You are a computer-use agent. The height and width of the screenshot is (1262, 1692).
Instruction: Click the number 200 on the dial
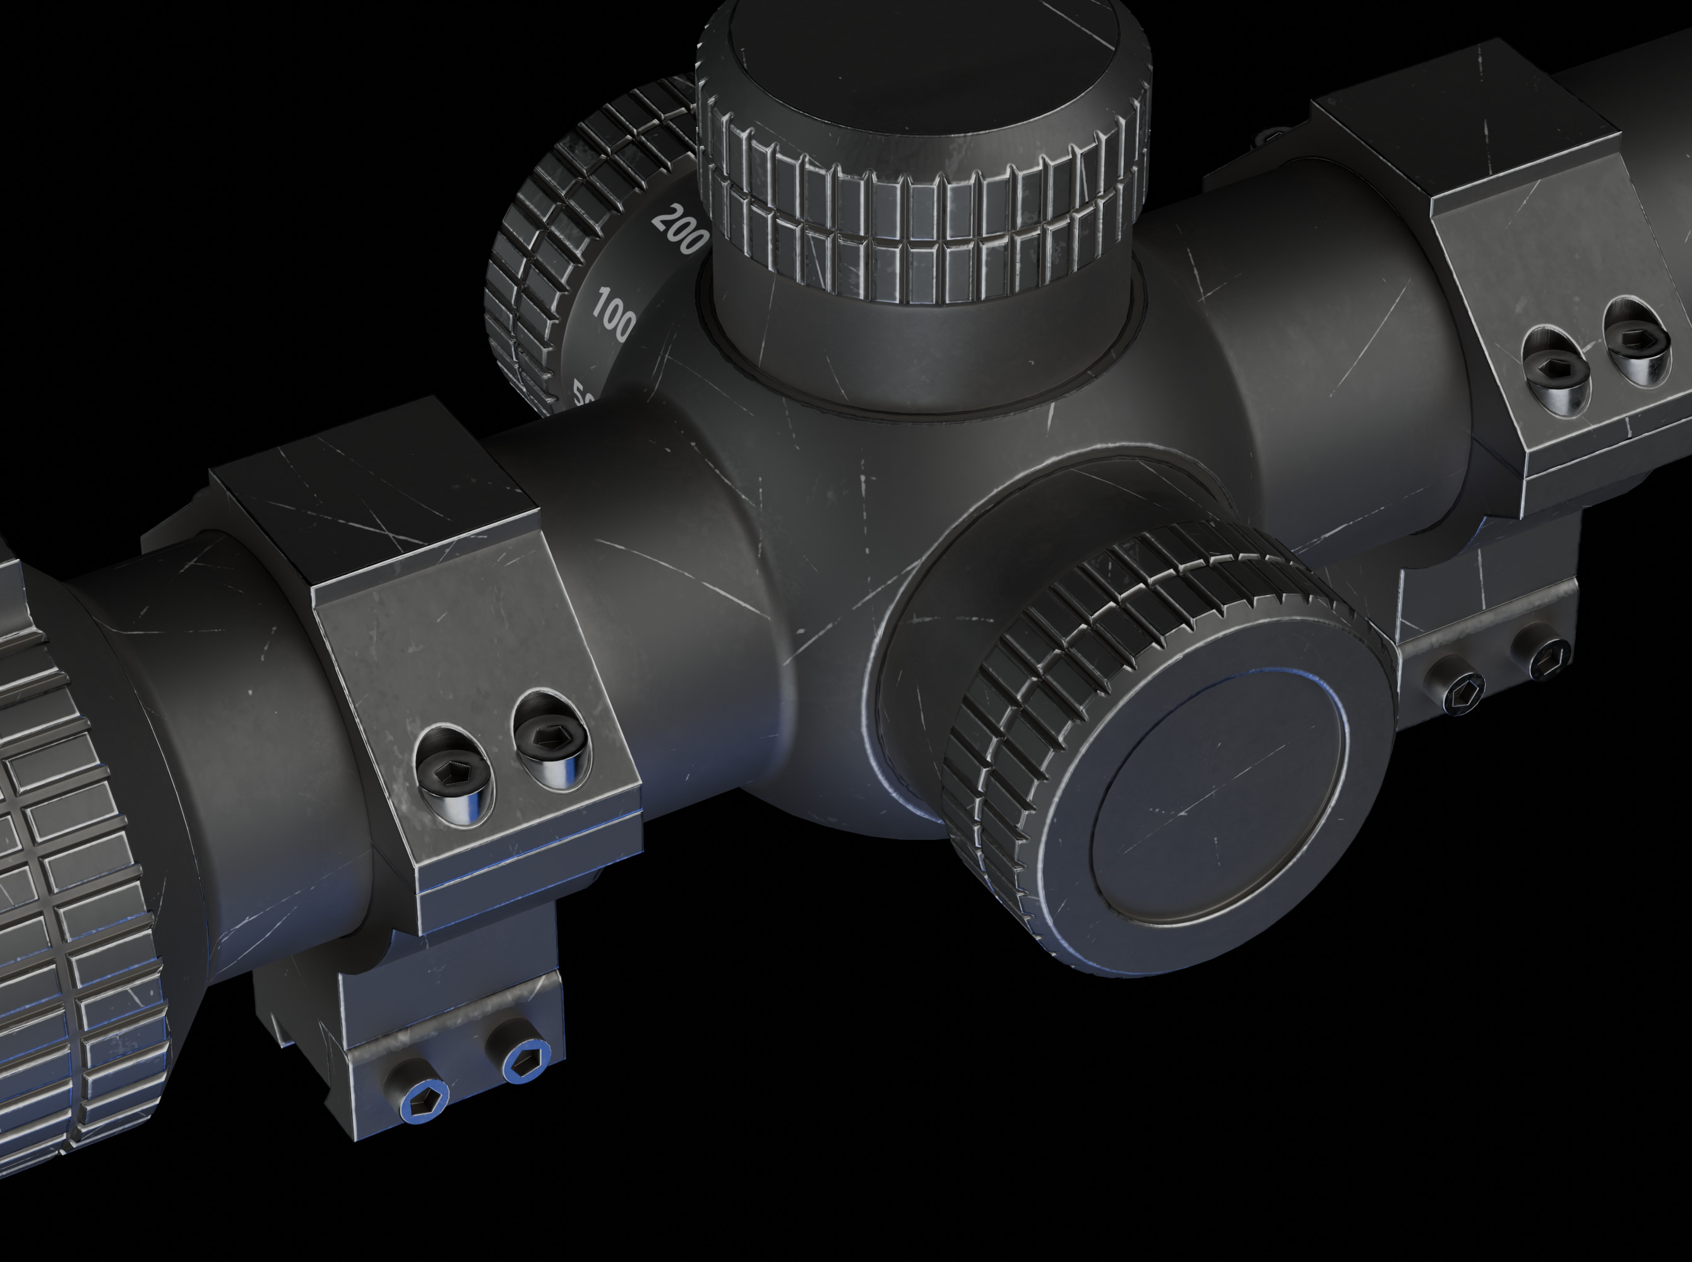click(679, 229)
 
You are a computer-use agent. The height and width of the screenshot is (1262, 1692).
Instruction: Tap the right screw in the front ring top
click(549, 739)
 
